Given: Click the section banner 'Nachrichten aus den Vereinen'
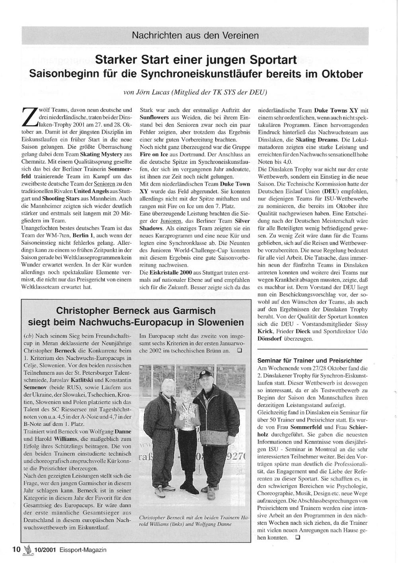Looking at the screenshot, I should point(195,35).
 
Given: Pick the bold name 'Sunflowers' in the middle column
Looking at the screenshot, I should point(152,117).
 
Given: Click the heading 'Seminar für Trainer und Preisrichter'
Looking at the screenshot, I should point(310,360).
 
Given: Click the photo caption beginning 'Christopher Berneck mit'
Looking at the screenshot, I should point(193,520).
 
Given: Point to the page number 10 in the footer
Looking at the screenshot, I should point(16,549).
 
